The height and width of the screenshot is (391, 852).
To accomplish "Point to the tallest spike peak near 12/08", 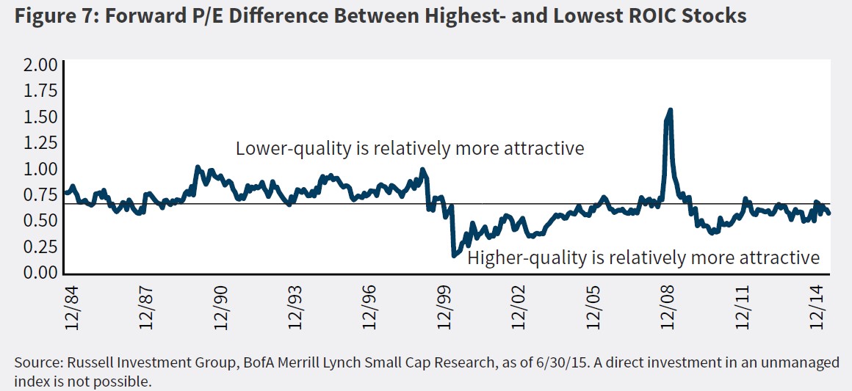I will click(x=669, y=111).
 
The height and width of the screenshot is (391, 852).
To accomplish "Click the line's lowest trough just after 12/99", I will click(x=455, y=255).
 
